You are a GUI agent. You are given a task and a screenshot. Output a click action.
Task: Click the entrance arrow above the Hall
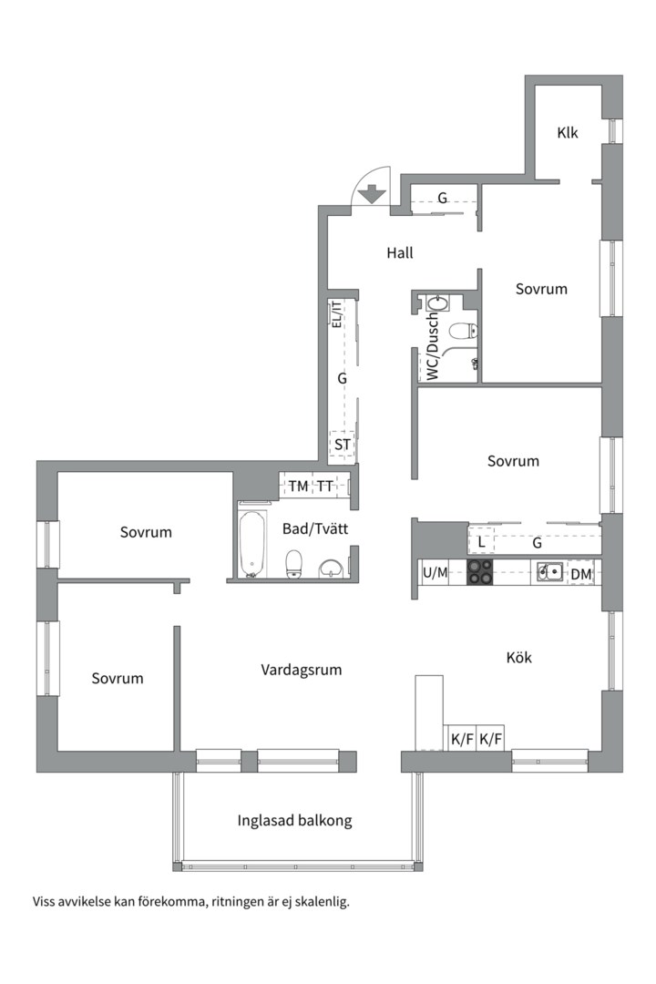coord(371,193)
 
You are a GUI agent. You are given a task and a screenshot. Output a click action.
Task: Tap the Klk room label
coord(568,133)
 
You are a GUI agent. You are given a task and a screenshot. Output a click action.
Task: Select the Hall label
coord(399,252)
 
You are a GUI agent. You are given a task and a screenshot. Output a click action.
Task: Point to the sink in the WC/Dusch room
coord(438,302)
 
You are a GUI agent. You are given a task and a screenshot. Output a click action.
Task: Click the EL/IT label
coord(336,315)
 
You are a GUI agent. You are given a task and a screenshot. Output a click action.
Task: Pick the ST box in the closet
coord(343,445)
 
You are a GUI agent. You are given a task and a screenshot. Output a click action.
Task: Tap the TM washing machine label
coord(298,486)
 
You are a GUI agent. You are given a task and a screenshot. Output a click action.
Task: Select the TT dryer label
coord(324,486)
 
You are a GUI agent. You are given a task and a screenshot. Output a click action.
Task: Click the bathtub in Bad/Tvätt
coord(252,544)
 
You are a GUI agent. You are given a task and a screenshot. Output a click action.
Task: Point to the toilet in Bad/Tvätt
coord(294,564)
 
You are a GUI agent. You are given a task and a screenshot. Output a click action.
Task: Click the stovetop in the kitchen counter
coord(480,572)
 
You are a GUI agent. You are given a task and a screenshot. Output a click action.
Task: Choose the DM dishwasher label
coord(580,573)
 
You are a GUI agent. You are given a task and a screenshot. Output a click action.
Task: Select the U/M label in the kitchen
coord(436,573)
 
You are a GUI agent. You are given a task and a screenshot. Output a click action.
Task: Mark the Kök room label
coord(518,657)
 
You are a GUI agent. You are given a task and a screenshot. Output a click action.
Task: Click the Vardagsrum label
coord(302,670)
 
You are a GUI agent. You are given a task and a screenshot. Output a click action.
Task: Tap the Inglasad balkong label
coord(294,820)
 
